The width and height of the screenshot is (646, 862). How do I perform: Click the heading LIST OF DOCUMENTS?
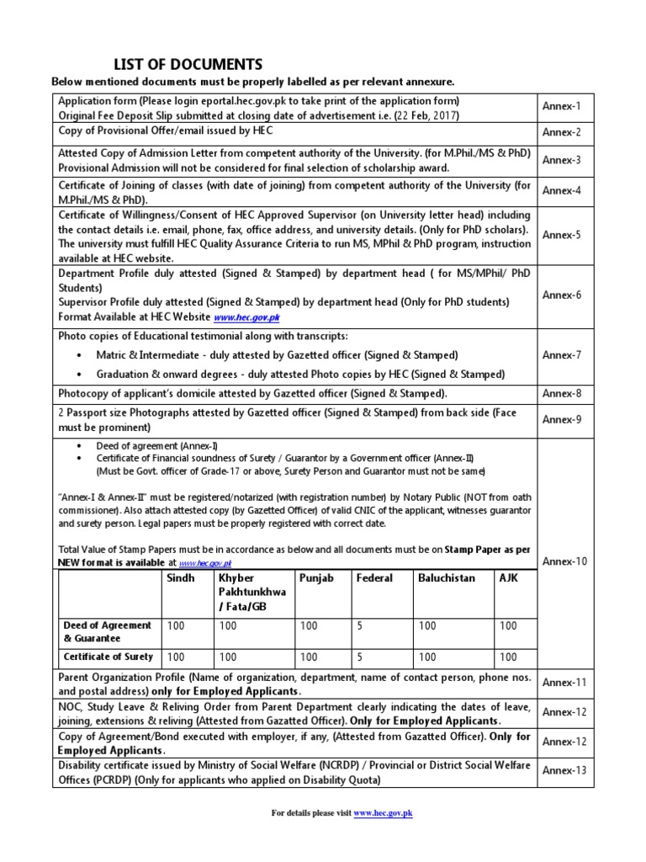point(188,65)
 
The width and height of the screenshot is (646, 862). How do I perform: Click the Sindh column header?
point(181,579)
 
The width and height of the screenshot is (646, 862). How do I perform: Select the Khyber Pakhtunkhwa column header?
point(252,593)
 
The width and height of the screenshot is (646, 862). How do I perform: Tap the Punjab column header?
point(316,579)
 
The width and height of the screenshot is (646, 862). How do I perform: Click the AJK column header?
point(509,579)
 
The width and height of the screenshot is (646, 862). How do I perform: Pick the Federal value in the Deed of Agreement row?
point(359,626)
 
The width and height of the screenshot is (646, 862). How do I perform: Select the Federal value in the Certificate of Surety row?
point(359,657)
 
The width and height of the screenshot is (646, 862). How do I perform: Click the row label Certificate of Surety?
point(109,657)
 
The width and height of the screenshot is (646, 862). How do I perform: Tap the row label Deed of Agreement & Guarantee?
point(108,632)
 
